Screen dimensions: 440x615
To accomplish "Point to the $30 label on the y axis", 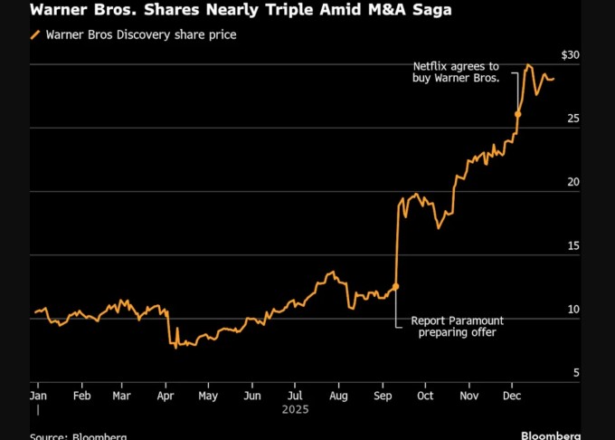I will pyautogui.click(x=570, y=55).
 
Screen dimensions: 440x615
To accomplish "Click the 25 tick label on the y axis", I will pyautogui.click(x=572, y=119).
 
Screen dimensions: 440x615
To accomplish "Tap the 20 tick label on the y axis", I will pyautogui.click(x=572, y=182).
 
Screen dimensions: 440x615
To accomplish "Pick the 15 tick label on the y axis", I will pyautogui.click(x=572, y=245).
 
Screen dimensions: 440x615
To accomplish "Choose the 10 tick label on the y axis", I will pyautogui.click(x=572, y=310).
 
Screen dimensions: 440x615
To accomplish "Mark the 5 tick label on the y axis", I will pyautogui.click(x=576, y=372).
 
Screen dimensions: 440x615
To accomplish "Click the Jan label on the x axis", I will pyautogui.click(x=39, y=396).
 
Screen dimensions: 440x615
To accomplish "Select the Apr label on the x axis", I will pyautogui.click(x=166, y=396).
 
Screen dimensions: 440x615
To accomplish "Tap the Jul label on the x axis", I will pyautogui.click(x=295, y=396).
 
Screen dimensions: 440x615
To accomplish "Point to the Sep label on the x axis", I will pyautogui.click(x=383, y=396).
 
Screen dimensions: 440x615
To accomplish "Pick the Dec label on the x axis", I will pyautogui.click(x=511, y=396).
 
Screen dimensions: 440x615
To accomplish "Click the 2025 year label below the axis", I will pyautogui.click(x=296, y=410).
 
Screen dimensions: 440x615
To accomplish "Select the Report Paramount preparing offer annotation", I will pyautogui.click(x=457, y=327).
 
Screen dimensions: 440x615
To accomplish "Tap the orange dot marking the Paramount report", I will pyautogui.click(x=396, y=286).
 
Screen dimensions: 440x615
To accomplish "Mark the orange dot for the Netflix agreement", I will pyautogui.click(x=518, y=114).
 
